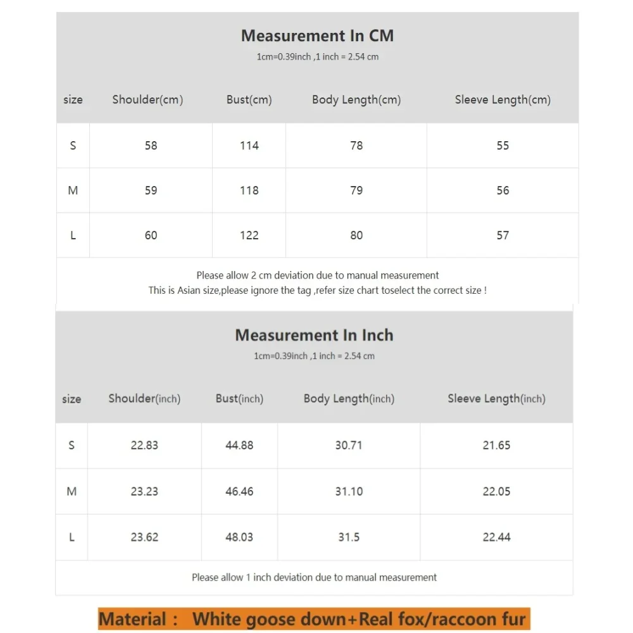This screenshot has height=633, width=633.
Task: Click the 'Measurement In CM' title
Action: [317, 36]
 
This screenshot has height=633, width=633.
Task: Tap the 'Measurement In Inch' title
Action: [314, 335]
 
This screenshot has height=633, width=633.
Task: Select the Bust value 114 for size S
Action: [249, 146]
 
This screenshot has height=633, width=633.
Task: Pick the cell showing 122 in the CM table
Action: [249, 235]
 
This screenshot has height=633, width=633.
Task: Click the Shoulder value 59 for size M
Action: [151, 191]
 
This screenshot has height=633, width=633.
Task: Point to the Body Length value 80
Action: [356, 235]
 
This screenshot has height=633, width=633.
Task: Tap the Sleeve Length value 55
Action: [503, 146]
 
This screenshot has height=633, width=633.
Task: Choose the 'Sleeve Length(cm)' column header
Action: [503, 100]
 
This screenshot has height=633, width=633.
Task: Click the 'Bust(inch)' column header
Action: [239, 399]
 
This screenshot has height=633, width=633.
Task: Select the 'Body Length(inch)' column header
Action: [349, 399]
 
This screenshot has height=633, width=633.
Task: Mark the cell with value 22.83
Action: [144, 446]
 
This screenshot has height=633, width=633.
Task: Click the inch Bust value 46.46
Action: [239, 491]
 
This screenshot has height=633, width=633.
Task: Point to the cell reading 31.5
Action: [349, 537]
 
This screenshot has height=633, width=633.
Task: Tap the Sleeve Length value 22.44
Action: [496, 537]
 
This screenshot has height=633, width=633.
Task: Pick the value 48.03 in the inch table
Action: [239, 537]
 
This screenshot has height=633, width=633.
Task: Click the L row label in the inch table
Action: [72, 537]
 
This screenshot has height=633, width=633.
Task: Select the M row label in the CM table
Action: [73, 191]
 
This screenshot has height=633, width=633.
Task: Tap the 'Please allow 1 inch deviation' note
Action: [314, 577]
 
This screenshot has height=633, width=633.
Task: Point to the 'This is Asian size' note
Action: [317, 291]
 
